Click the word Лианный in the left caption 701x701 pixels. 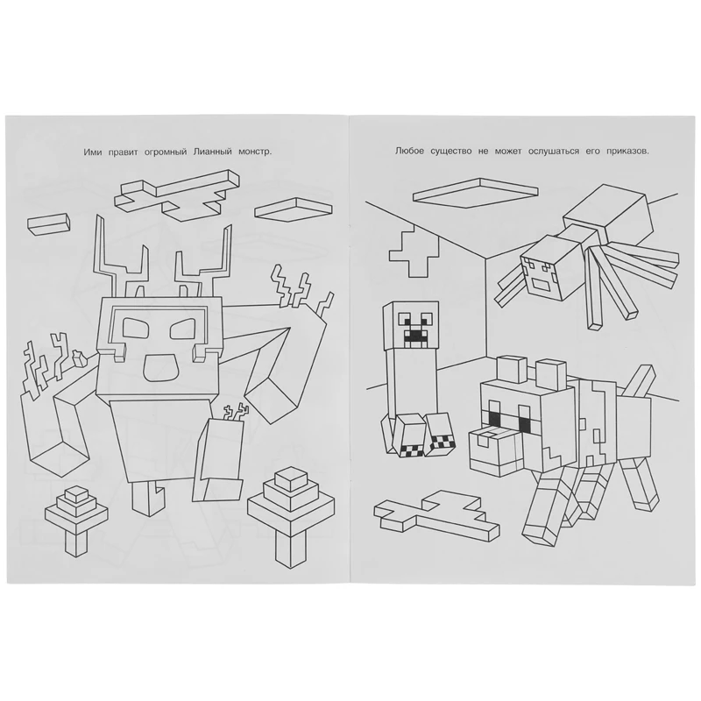[x=213, y=152]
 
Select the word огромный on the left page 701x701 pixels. [x=163, y=152]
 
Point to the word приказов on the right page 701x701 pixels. [x=624, y=152]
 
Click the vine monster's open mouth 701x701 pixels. [x=158, y=365]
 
